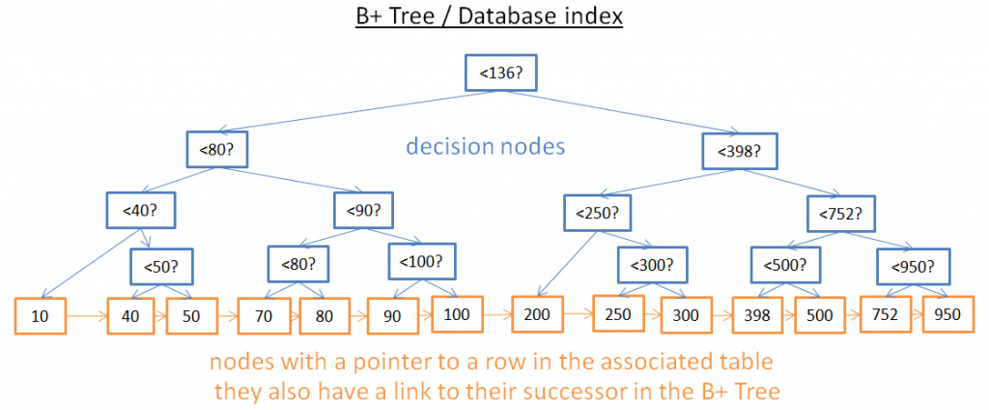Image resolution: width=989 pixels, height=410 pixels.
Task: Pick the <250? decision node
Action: pyautogui.click(x=593, y=212)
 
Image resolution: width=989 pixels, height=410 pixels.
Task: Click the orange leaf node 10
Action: pyautogui.click(x=40, y=316)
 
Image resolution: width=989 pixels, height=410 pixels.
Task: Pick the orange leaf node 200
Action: pyautogui.click(x=537, y=314)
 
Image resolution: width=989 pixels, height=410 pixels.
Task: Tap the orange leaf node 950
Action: pyautogui.click(x=947, y=315)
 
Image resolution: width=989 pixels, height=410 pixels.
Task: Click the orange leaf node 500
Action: pyautogui.click(x=819, y=315)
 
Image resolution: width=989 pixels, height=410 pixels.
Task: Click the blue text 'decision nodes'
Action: pyautogui.click(x=485, y=148)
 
